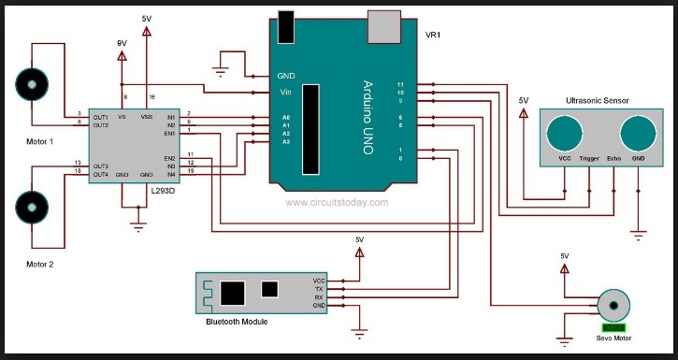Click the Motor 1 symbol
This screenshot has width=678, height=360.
click(x=34, y=85)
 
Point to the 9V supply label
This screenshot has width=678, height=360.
click(x=121, y=42)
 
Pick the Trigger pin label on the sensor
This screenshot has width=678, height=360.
click(x=590, y=159)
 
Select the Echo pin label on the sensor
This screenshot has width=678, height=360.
click(x=614, y=159)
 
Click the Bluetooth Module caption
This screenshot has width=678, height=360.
click(x=237, y=322)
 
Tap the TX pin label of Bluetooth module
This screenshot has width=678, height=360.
click(x=320, y=288)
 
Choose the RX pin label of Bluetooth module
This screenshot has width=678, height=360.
click(x=320, y=296)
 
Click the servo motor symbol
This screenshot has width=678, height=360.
click(x=613, y=305)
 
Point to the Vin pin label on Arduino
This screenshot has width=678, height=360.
click(x=286, y=92)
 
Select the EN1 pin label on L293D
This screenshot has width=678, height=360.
click(x=169, y=134)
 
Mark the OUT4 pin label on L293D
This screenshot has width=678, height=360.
click(x=101, y=175)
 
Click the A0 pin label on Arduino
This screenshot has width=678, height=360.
click(x=285, y=119)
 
